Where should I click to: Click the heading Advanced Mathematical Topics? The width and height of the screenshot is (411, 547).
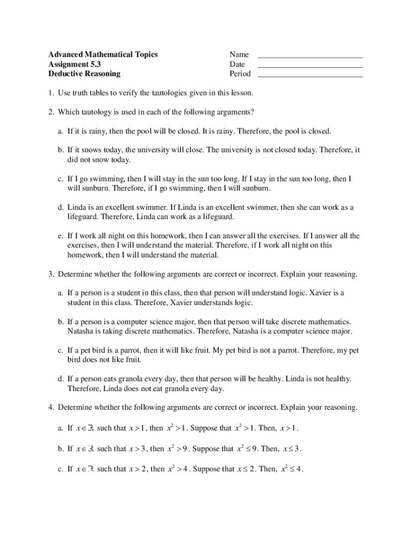tap(103, 54)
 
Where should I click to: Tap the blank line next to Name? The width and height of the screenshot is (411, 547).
tap(310, 57)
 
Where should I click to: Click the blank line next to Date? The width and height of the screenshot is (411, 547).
tap(310, 66)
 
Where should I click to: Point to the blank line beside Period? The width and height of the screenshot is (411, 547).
tap(310, 76)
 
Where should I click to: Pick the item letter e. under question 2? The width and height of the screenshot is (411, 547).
tap(61, 236)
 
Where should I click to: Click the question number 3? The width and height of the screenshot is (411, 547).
tap(50, 274)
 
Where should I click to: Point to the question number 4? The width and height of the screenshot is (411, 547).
tap(50, 408)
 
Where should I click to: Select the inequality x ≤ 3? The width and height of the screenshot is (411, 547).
tap(293, 449)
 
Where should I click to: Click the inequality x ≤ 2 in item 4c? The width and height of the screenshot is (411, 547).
tap(246, 469)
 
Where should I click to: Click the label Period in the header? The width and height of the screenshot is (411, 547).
tap(240, 74)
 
